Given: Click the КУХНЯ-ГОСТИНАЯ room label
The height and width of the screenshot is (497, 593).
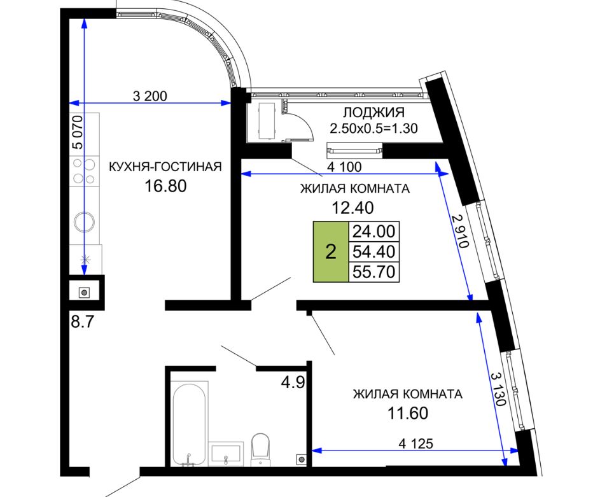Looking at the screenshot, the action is coord(165,167).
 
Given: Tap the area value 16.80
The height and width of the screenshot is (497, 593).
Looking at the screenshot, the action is coord(165,186).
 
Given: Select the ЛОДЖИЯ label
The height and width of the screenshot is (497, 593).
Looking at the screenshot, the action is coord(373,113).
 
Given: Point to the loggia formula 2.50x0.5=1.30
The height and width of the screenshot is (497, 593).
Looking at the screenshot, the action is coord(373,129).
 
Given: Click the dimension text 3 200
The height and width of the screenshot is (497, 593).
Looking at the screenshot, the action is coord(150,96).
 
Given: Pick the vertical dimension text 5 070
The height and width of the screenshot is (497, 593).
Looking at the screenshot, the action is coord(77,132).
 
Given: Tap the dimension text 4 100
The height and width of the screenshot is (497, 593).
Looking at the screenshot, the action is coord(344,167).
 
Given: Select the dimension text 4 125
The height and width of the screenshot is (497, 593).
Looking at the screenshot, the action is coord(415,444).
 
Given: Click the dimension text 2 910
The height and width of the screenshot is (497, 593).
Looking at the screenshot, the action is coord(460,231).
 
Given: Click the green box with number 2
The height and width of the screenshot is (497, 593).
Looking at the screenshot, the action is coord(331,251).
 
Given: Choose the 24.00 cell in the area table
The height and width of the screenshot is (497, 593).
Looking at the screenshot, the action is coord(373,231).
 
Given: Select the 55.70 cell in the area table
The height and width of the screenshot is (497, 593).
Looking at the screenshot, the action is coord(373,272).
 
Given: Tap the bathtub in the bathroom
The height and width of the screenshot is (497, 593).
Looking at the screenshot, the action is coord(190,424).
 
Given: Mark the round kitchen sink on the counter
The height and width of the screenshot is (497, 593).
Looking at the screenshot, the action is coord(85,222).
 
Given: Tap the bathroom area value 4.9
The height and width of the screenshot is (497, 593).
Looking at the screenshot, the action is coord(293,382).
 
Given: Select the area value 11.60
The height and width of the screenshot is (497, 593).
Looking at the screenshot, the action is coord(408,413).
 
